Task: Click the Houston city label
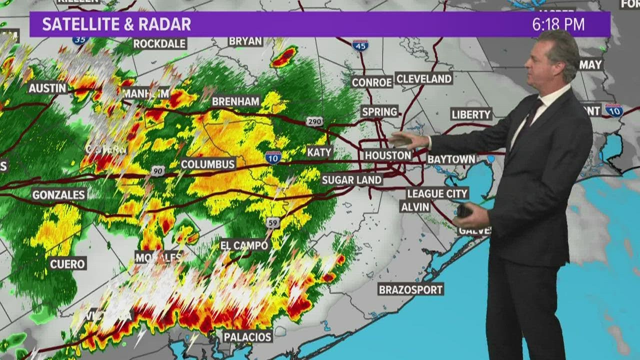click(387, 155)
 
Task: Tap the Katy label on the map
click(319, 152)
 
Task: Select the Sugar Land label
click(351, 179)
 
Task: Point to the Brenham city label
click(236, 101)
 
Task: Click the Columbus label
click(208, 164)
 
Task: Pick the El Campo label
click(245, 245)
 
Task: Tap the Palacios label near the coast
click(247, 336)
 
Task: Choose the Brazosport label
click(411, 289)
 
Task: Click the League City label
click(437, 193)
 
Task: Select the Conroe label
click(371, 82)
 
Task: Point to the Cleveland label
click(423, 78)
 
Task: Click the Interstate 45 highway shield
click(360, 45)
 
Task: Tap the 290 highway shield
click(315, 121)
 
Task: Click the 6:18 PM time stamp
click(558, 24)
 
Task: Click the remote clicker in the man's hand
click(464, 210)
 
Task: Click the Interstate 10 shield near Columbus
click(273, 157)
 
